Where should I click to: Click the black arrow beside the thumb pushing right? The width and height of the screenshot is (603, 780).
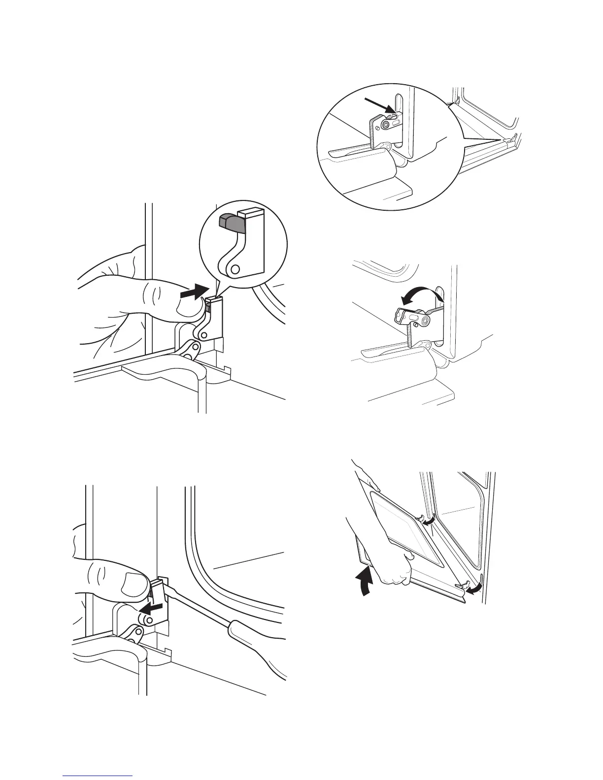[193, 294]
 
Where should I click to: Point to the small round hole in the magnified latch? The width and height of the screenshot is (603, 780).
[235, 268]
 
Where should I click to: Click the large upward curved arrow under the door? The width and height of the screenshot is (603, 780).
[364, 581]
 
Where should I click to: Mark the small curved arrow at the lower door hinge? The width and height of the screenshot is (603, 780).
[474, 589]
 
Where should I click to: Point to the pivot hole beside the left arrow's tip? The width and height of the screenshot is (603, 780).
[140, 617]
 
